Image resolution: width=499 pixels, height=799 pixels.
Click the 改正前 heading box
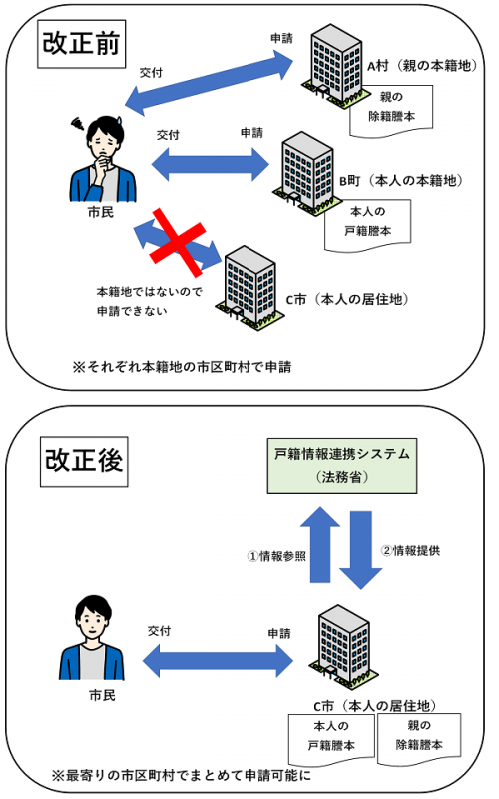click(x=81, y=43)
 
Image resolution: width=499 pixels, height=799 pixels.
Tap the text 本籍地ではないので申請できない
click(x=139, y=300)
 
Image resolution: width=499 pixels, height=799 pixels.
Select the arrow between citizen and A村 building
click(x=210, y=84)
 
